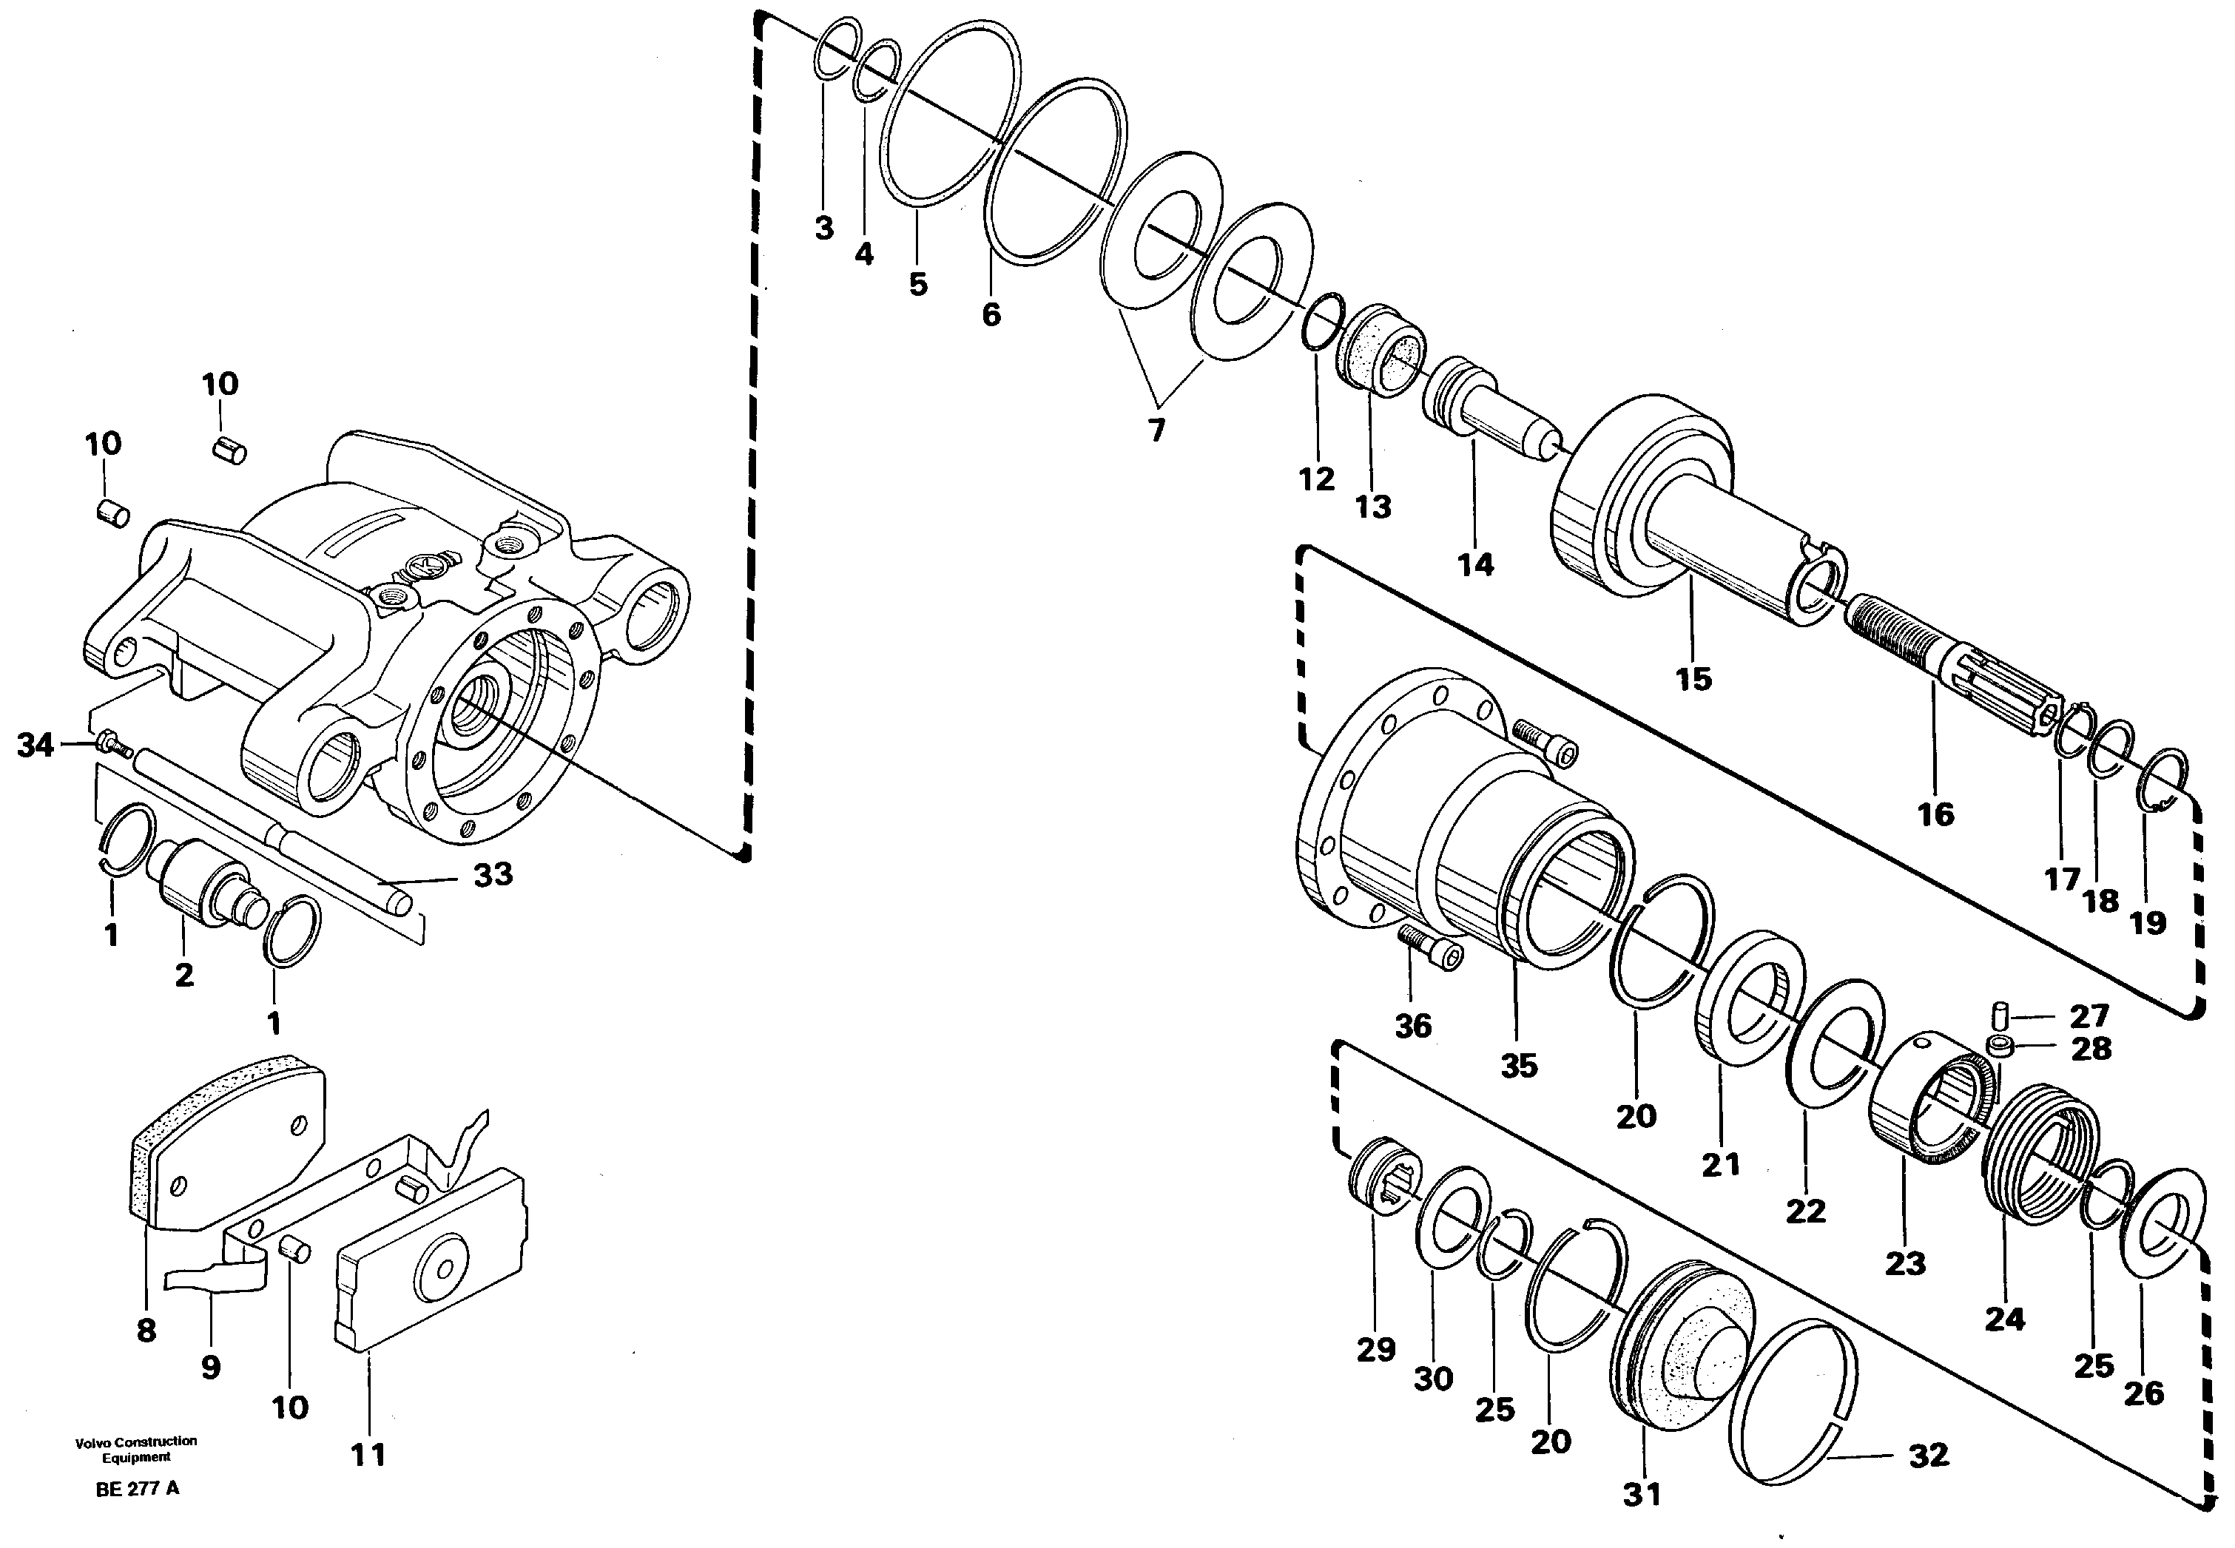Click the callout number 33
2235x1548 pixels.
[x=492, y=875]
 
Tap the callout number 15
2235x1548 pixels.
[x=1693, y=678]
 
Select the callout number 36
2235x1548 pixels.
[x=1412, y=1026]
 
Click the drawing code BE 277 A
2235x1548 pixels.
[x=138, y=1489]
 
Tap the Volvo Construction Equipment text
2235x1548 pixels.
[x=136, y=1448]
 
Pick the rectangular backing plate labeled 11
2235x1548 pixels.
[x=431, y=1261]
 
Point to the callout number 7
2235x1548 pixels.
[x=1156, y=430]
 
